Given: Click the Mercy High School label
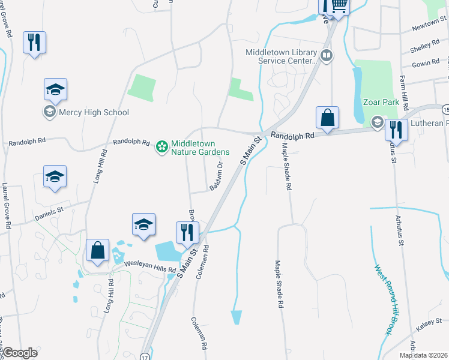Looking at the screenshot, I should (94, 112).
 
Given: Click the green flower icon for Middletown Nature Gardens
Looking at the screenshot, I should (161, 146).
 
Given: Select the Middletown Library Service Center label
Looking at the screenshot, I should (280, 56).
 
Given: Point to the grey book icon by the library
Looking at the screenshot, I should (326, 56).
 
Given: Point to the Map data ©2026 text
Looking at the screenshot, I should (423, 355).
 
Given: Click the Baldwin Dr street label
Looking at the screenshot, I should (216, 176).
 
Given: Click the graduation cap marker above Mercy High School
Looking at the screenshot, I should (56, 91).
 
